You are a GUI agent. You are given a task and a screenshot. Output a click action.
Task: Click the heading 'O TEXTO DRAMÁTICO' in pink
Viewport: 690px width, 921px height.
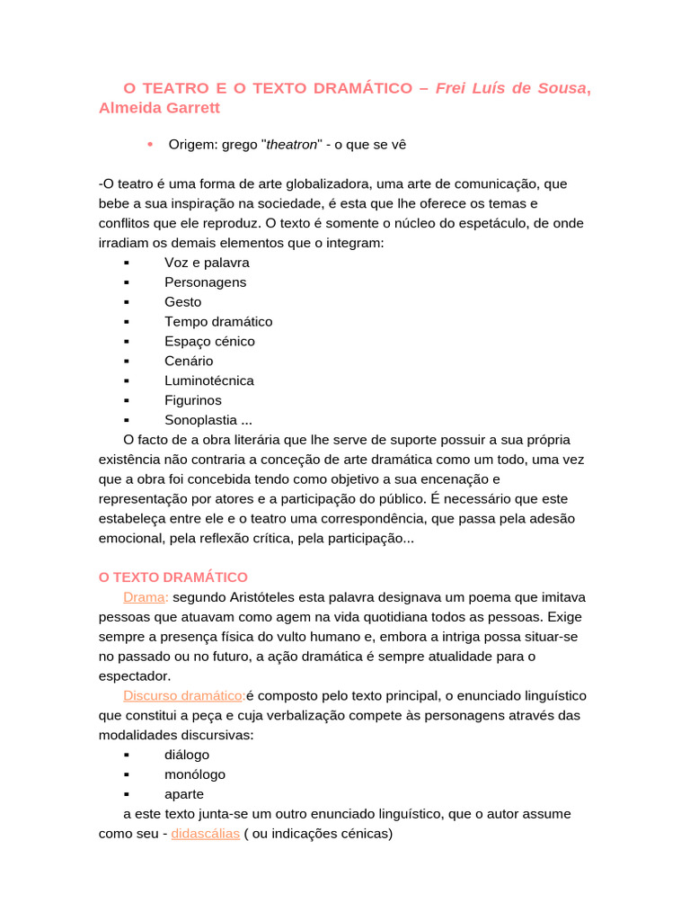coord(172,577)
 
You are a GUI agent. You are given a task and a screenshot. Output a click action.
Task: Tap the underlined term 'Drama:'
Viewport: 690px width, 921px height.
coord(146,597)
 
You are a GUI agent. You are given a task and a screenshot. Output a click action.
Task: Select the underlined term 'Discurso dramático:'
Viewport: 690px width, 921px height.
coord(184,696)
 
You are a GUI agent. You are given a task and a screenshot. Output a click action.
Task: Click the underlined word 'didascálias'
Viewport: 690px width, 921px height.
coord(206,834)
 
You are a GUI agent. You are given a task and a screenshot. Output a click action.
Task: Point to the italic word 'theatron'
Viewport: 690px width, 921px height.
coord(292,145)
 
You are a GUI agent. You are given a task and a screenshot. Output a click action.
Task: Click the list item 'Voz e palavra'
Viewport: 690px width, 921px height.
coord(207,263)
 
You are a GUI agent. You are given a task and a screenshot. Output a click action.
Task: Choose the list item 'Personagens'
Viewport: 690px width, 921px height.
coord(205,282)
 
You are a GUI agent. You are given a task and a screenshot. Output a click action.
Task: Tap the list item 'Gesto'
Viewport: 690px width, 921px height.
coord(183,302)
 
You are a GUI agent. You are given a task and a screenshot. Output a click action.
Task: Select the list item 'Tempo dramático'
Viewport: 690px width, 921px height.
coord(218,322)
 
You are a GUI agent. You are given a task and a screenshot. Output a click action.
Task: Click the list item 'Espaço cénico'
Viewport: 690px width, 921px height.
coord(209,342)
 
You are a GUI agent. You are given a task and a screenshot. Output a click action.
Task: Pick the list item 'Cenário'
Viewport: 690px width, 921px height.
coord(189,362)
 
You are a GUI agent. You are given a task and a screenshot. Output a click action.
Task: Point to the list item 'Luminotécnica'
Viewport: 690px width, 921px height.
coord(209,381)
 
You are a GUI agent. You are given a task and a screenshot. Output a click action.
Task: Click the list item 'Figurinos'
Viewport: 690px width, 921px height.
coord(193,401)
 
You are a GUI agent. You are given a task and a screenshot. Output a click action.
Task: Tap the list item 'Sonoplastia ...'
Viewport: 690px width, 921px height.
coord(208,421)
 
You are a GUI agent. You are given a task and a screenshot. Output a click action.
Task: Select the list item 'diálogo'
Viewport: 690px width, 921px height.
coord(187,756)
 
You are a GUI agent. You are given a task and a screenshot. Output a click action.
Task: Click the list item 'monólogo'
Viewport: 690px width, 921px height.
coord(195,775)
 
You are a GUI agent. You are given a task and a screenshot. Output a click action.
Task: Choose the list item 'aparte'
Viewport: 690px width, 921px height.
coord(184,795)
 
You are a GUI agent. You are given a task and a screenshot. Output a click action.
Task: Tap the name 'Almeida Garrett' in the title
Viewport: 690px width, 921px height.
coord(159,109)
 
